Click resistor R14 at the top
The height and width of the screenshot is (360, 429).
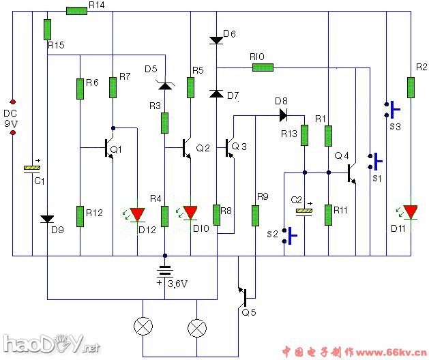tap(76, 10)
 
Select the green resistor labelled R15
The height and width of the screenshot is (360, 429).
tap(47, 29)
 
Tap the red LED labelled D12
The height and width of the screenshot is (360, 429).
tap(138, 215)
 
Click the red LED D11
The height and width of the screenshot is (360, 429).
tap(411, 212)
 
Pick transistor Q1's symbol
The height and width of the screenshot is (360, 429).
tap(108, 147)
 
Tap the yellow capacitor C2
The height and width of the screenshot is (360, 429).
tap(304, 211)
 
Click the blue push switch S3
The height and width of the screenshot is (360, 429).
tap(391, 108)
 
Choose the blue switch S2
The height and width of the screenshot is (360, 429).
tap(289, 235)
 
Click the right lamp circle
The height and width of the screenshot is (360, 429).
tap(197, 328)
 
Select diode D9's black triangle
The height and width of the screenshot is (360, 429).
tap(47, 219)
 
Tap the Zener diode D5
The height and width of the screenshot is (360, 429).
tap(164, 85)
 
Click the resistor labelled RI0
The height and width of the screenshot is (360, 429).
tap(263, 67)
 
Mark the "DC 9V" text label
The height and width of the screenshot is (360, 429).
tap(11, 118)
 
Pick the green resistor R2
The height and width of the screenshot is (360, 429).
tap(411, 87)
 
